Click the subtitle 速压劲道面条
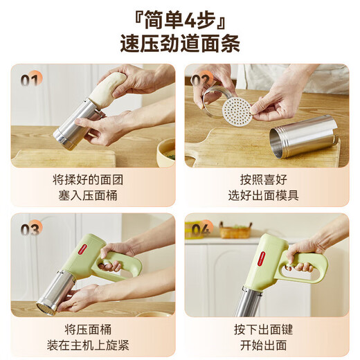[180, 44]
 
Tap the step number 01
[30, 80]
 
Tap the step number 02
[201, 80]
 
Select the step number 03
[29, 230]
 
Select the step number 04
[201, 229]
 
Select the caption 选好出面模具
[264, 195]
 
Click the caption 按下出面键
[264, 328]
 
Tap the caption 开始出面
[264, 345]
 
